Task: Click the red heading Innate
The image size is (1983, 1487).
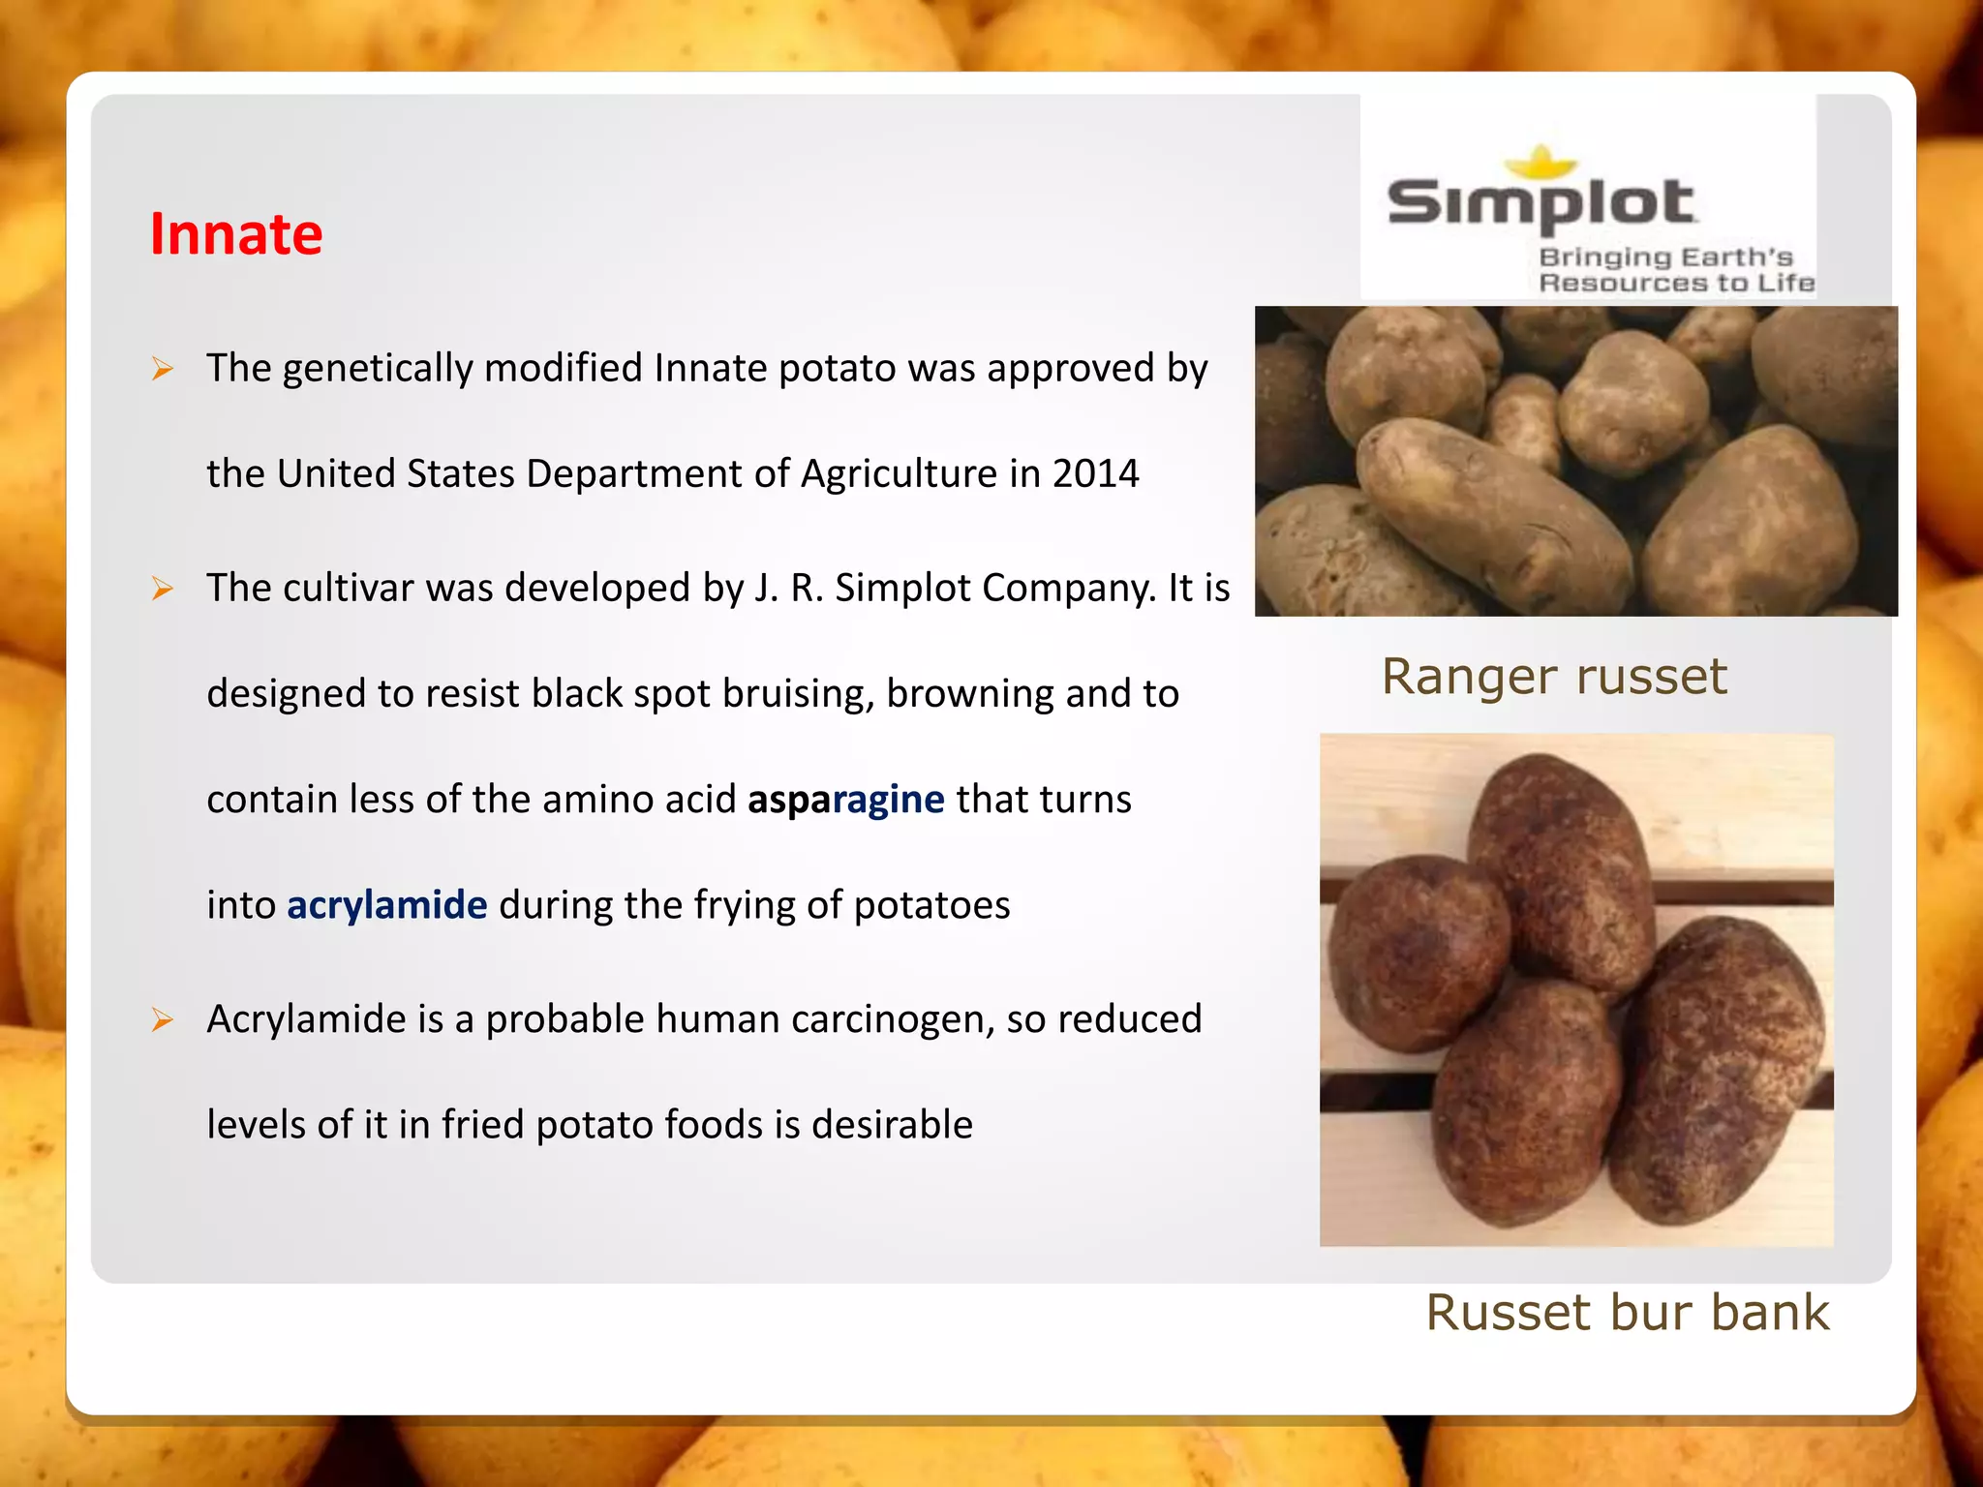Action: click(x=236, y=234)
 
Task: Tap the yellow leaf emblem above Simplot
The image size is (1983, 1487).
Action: click(x=1541, y=162)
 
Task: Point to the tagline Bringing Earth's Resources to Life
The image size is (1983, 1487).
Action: click(x=1675, y=270)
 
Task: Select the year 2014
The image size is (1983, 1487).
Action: click(x=1095, y=474)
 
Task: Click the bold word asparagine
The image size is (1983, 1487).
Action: click(x=845, y=800)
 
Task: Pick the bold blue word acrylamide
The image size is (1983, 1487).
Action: click(x=386, y=905)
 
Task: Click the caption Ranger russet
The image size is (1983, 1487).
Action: click(x=1553, y=677)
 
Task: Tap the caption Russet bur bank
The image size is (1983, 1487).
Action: click(x=1627, y=1313)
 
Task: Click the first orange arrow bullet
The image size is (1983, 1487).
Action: click(x=163, y=369)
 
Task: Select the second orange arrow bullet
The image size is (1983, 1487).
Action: click(x=163, y=589)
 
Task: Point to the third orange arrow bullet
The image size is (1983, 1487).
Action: click(x=163, y=1019)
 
